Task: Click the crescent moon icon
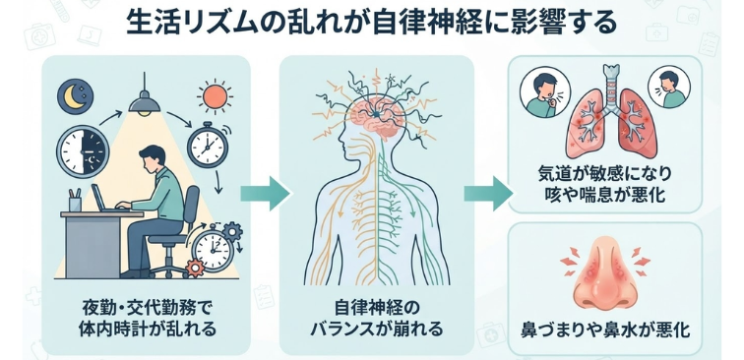point(75,96)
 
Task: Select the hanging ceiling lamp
point(145,98)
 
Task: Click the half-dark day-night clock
point(83,151)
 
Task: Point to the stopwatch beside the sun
point(208,144)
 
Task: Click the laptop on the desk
point(103,200)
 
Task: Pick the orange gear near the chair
point(195,269)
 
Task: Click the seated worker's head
point(153,159)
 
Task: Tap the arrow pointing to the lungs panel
point(488,193)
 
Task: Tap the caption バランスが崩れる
point(377,328)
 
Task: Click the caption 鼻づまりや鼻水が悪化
point(605,330)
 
